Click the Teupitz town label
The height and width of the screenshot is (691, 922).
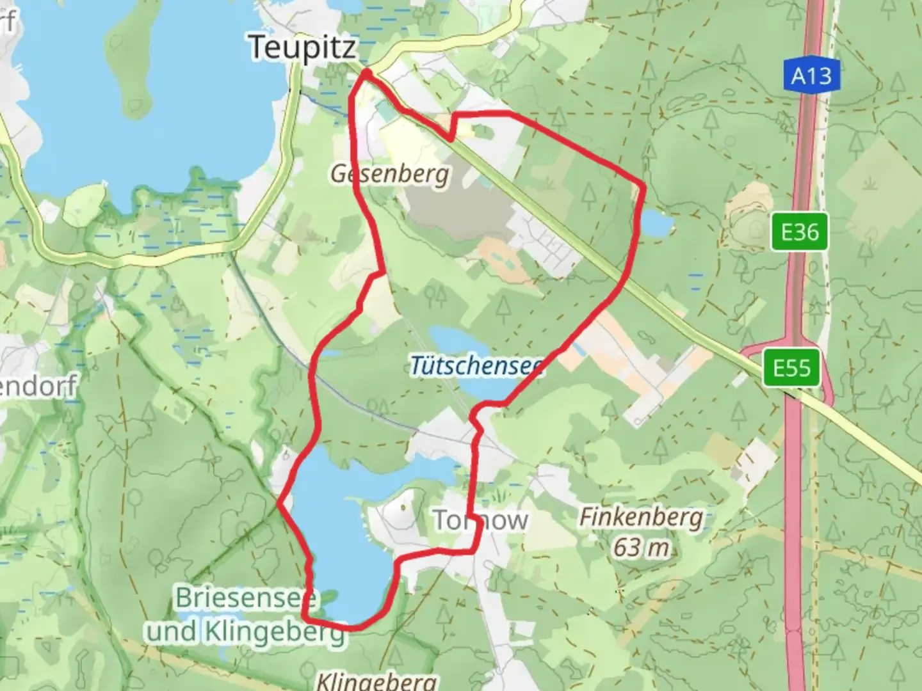tap(302, 48)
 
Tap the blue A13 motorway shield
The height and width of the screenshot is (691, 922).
tap(811, 75)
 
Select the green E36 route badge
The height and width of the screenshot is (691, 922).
tap(799, 231)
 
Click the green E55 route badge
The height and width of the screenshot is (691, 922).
tap(791, 369)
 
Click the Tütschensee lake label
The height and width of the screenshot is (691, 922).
tap(476, 366)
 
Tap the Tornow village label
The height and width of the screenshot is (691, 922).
tap(480, 520)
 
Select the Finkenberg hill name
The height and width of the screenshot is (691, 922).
tap(640, 517)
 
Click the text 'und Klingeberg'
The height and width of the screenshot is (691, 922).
tap(245, 631)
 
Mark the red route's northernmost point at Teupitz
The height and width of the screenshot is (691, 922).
tap(366, 72)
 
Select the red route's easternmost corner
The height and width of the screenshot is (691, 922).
tap(643, 187)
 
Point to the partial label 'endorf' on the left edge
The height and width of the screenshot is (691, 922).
tap(38, 386)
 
